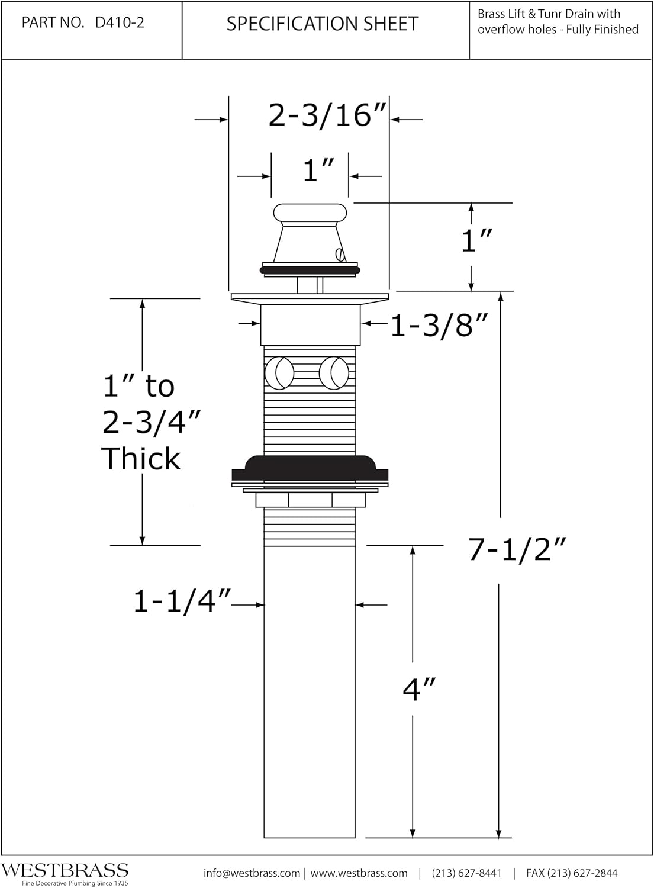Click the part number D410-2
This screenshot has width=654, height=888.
120,22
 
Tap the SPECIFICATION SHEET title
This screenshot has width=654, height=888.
322,24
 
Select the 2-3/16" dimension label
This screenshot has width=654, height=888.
327,115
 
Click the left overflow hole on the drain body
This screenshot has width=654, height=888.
279,373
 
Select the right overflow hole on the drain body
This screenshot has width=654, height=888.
334,373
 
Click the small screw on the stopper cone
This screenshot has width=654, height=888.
339,254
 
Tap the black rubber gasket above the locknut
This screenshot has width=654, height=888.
310,469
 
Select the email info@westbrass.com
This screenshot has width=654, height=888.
252,873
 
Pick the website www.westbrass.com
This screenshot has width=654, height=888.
359,873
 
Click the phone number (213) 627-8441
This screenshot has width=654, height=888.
466,873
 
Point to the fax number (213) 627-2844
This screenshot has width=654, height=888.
572,873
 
